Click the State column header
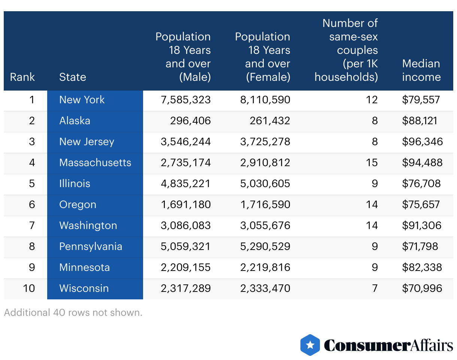tap(73, 77)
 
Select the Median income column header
tap(421, 70)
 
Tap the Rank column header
tap(22, 77)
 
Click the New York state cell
tap(82, 100)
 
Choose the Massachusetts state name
tap(95, 163)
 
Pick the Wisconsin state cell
tap(84, 289)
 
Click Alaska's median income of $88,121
tap(420, 121)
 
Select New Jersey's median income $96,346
tap(422, 142)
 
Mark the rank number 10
tap(29, 289)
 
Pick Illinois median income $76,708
tap(421, 184)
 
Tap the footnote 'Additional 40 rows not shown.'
tap(73, 312)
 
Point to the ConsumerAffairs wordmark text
tap(388, 345)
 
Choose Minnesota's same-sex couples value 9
tap(375, 268)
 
